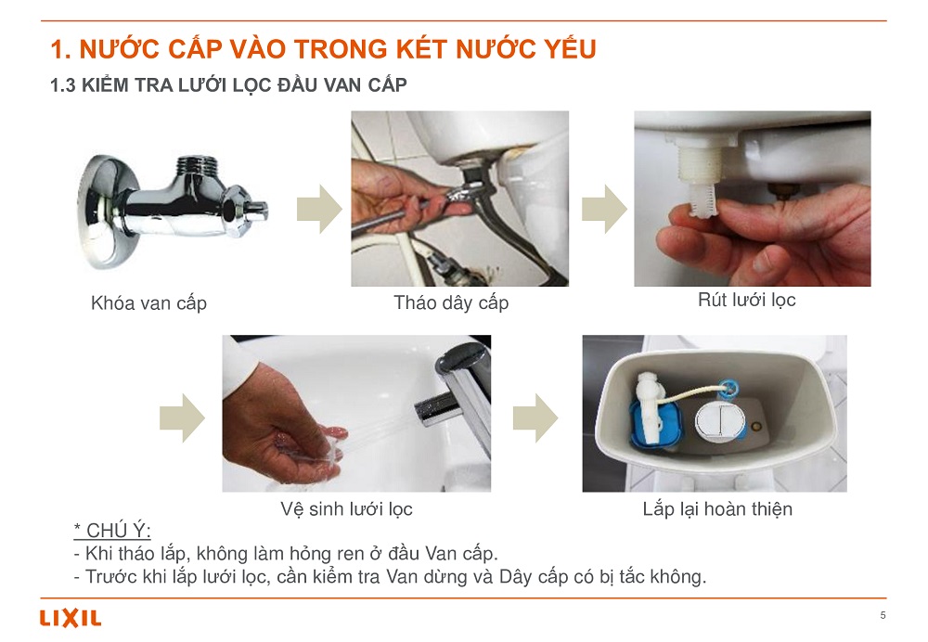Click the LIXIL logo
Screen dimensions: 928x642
coord(71,618)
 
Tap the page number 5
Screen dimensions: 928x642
coord(883,615)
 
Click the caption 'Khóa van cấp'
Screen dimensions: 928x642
coord(148,303)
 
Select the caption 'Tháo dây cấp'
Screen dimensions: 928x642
coord(451,302)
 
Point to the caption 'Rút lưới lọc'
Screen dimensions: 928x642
coord(746,300)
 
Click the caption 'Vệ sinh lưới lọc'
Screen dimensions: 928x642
coord(346,508)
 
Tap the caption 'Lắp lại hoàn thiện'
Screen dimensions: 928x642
coord(717,508)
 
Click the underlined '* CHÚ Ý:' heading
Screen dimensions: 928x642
coord(112,530)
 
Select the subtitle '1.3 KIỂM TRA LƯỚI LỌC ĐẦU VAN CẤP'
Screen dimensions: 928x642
coord(228,85)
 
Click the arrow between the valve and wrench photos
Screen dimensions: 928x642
coord(319,209)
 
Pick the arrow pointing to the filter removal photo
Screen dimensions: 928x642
coord(604,209)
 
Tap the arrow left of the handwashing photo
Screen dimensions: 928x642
coord(182,417)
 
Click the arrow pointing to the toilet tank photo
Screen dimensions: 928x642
coord(535,417)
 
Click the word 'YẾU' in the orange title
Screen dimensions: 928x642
coord(570,48)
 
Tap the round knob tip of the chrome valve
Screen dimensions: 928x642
coord(257,210)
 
